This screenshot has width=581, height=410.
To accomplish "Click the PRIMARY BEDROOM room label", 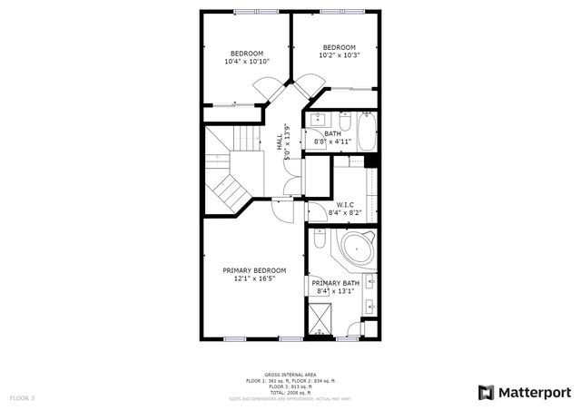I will coord(254,270).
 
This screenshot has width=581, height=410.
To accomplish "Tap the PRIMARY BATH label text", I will coord(336,283).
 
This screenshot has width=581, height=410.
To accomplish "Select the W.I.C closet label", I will coord(345,204).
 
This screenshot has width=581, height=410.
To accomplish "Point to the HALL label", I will coord(280,142).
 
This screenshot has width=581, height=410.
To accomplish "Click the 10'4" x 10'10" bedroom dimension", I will coord(247,62).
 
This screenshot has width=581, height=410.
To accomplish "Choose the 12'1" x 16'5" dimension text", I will coord(254,279).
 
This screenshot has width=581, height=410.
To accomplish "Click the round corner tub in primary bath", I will coord(357,248).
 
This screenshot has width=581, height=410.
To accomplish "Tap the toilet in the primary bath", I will coord(320,241).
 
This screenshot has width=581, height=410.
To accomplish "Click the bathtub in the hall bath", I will coord(367,132).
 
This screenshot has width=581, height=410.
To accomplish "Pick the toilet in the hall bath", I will coord(344,121).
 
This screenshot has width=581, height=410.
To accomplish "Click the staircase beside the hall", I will coord(227,172).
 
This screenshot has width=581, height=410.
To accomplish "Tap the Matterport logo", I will coord(525,392).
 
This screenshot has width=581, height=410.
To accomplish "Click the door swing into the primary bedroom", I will coord(283,211).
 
